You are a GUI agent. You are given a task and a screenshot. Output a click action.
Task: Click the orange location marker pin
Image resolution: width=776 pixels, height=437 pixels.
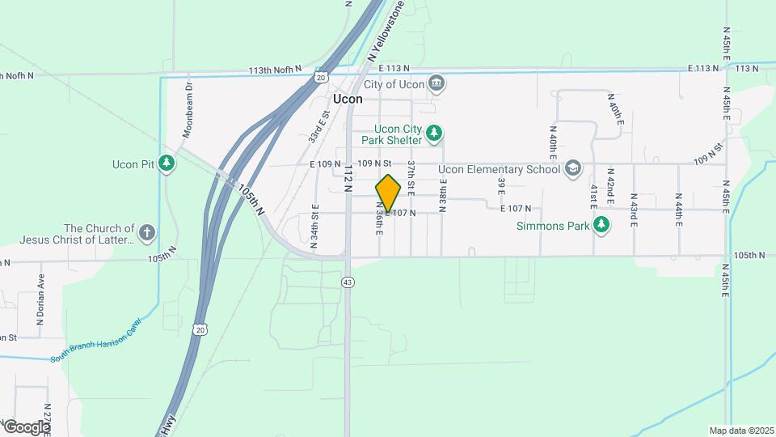coord(388,193)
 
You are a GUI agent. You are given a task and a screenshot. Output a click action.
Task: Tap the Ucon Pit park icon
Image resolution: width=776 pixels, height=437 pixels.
coord(167,163)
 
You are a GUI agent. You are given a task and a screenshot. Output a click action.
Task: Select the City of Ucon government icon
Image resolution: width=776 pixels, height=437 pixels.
coord(436,83)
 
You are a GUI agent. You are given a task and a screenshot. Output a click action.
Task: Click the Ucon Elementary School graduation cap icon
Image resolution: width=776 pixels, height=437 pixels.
coord(573,168)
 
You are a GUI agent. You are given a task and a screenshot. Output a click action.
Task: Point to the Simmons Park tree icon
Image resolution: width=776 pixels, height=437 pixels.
coord(601,226)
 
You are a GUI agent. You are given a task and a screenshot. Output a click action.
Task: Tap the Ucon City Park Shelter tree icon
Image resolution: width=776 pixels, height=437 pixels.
coord(434,133)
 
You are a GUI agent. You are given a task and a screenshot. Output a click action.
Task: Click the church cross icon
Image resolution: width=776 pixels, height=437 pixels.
coord(146,234)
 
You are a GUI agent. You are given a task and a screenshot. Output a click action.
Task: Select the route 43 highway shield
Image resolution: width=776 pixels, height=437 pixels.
coord(348,282)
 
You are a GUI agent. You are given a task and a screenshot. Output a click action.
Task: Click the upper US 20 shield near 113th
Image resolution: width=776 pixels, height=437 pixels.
coord(321,77)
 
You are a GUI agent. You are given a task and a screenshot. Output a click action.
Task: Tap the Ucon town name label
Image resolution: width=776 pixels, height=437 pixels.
coord(348,99)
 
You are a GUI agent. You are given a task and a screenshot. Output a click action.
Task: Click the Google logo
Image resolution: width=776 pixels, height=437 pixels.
coord(27,426)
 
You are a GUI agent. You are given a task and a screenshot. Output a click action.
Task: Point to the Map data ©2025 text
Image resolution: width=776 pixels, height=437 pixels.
coord(740,431)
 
